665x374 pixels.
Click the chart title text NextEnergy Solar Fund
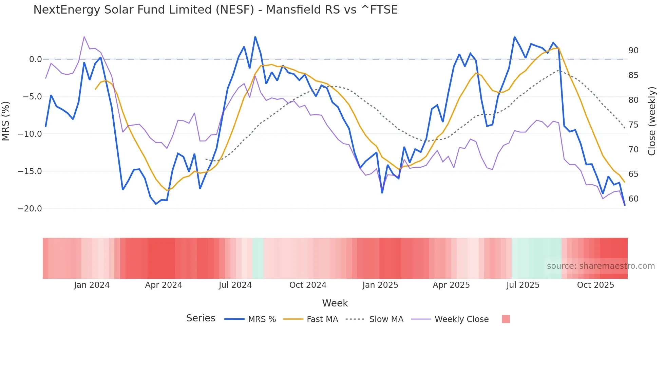[x=215, y=10]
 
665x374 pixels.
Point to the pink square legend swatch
[x=506, y=319]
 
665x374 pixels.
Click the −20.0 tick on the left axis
[x=30, y=209]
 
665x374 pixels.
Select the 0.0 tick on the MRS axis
[x=35, y=59]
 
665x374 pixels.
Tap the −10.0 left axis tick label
[x=30, y=134]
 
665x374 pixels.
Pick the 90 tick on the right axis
[x=633, y=51]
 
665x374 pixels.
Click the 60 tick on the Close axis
[x=633, y=199]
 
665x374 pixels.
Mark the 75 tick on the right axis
[x=633, y=125]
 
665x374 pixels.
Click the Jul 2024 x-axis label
[x=235, y=285]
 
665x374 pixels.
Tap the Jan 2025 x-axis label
[x=380, y=285]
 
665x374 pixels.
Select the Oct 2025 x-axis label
[x=595, y=285]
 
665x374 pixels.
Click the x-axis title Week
[x=335, y=303]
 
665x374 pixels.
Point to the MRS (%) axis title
[x=6, y=121]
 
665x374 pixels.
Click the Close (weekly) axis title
[x=652, y=121]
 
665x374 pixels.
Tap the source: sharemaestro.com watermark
[x=601, y=266]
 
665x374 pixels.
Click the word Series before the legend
[x=201, y=318]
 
